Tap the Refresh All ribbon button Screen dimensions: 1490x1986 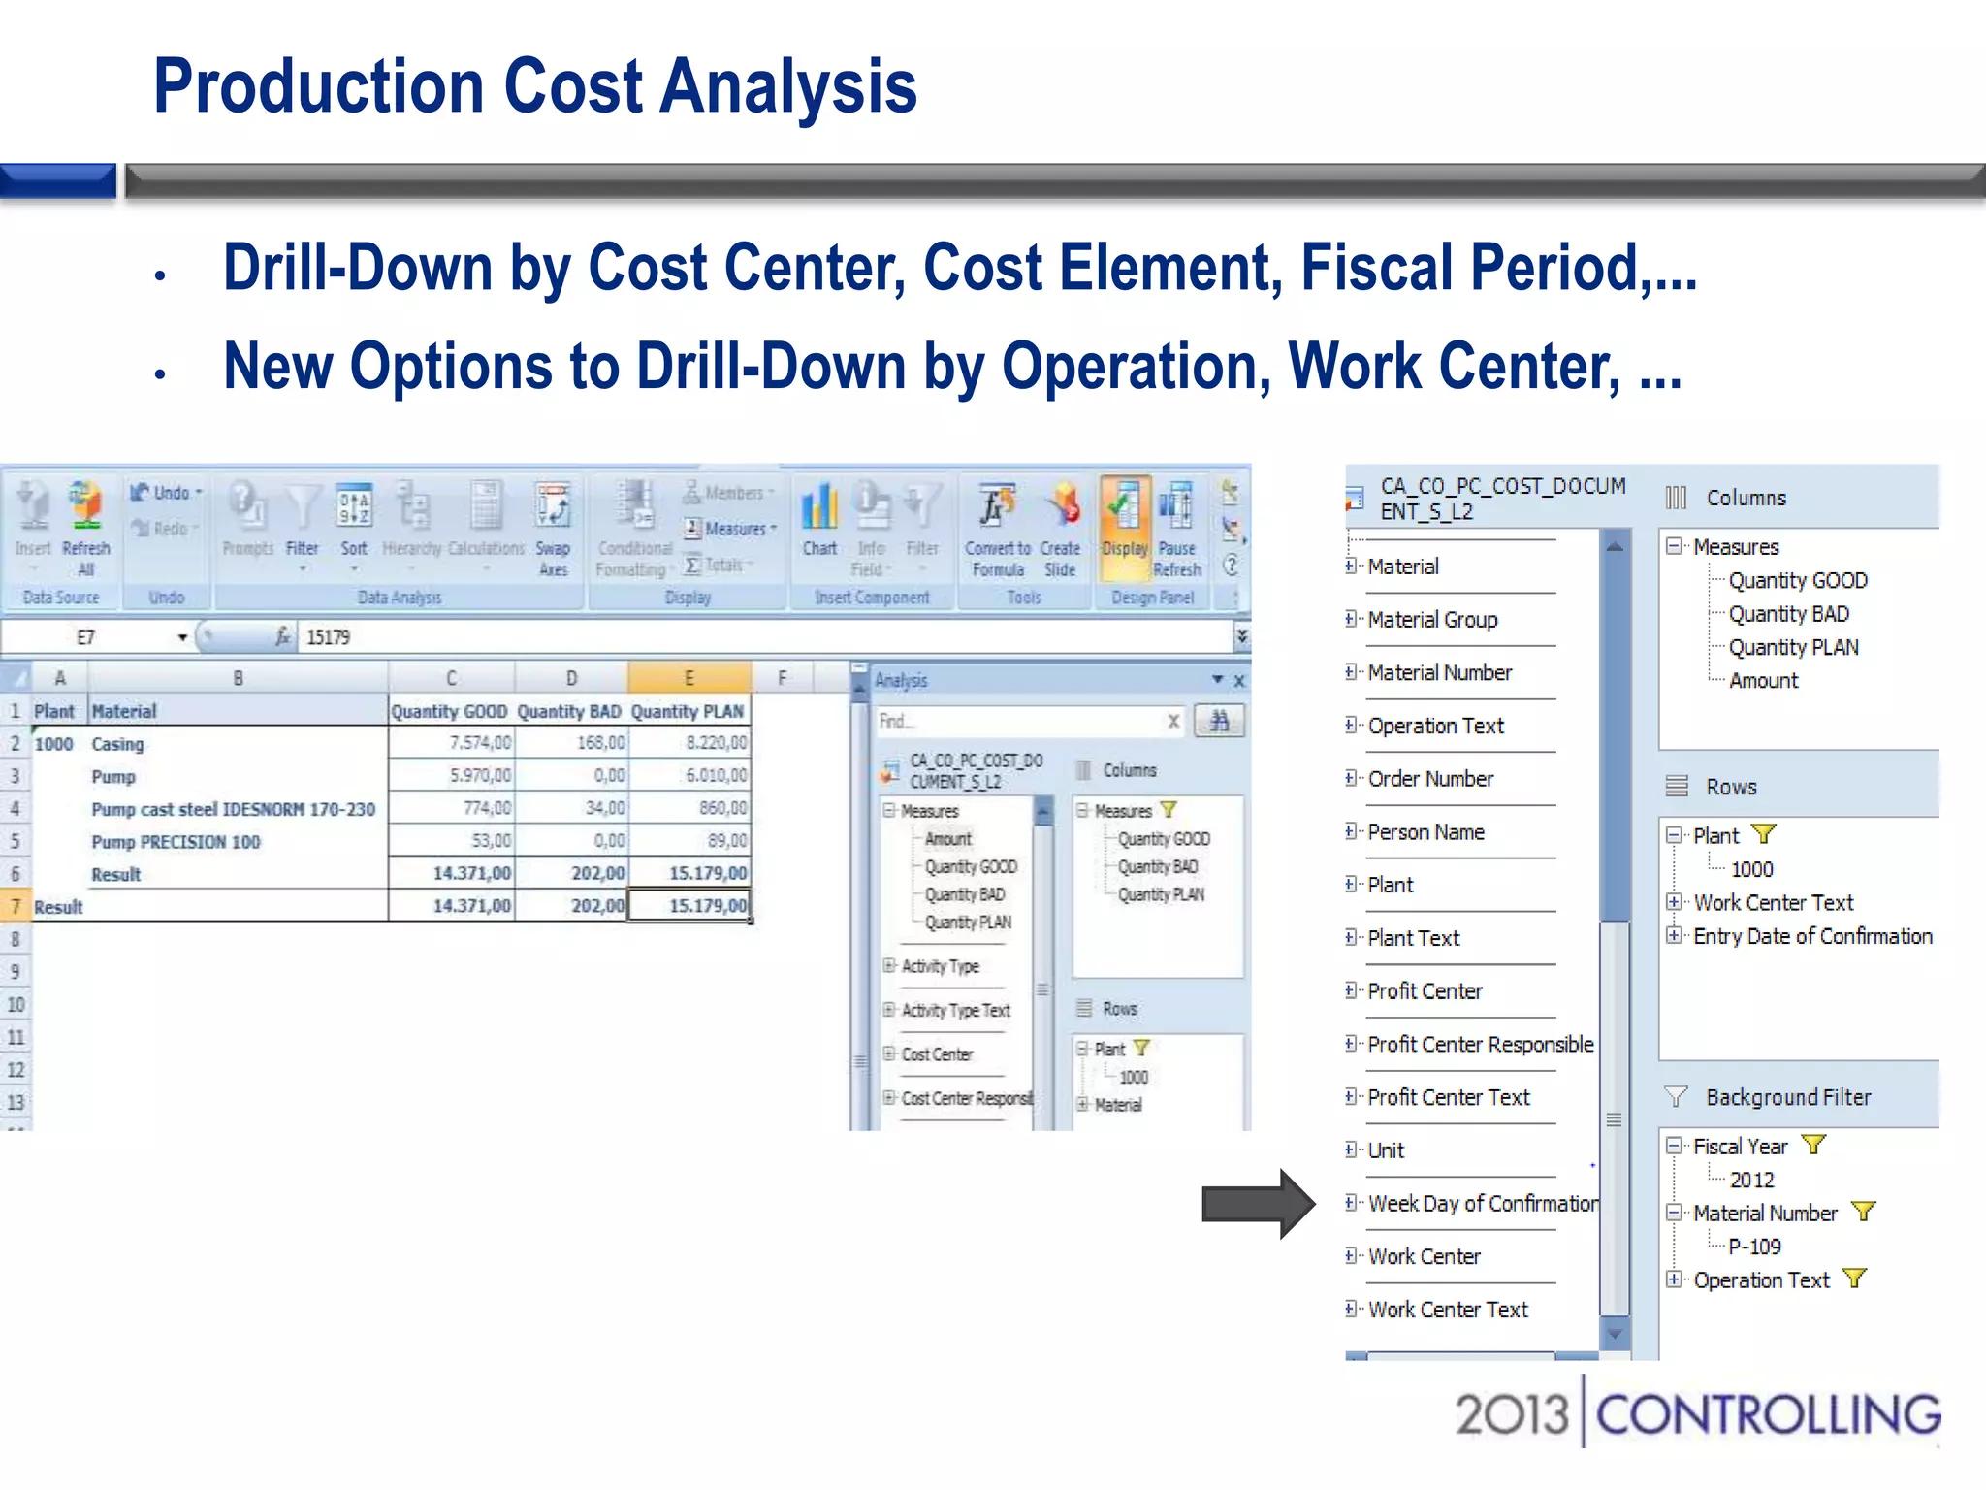[85, 529]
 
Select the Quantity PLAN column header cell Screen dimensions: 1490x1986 [688, 711]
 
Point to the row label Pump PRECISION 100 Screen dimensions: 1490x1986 [176, 842]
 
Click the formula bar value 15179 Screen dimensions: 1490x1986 [328, 637]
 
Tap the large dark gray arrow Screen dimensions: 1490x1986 [1257, 1204]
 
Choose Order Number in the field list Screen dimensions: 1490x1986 [1430, 779]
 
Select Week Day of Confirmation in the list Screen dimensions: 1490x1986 [1483, 1204]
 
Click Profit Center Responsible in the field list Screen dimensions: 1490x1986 [1480, 1045]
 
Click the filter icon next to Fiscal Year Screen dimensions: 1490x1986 [1813, 1146]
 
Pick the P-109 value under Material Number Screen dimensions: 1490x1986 [1754, 1247]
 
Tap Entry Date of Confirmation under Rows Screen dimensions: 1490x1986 [1812, 936]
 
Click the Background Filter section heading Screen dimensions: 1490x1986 [1787, 1097]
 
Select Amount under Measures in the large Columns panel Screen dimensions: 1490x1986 [1763, 681]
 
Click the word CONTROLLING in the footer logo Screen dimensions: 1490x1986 [1768, 1415]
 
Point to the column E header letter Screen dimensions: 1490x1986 [689, 678]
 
